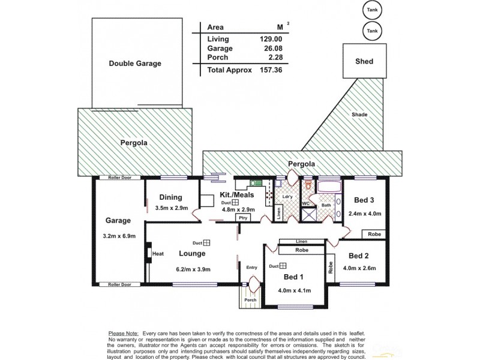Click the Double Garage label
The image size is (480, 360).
135,63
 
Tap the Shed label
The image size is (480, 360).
364,61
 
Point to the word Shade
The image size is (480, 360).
359,115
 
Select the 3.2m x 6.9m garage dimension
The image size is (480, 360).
119,236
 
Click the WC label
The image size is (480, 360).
305,203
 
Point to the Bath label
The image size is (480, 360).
326,205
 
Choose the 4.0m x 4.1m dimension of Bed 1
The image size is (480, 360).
295,292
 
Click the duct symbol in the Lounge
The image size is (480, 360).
206,243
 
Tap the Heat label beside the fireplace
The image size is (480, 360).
158,254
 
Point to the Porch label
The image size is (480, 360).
250,300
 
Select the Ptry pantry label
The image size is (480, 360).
243,218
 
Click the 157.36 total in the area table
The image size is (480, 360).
269,70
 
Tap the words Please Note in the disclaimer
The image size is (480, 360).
123,332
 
